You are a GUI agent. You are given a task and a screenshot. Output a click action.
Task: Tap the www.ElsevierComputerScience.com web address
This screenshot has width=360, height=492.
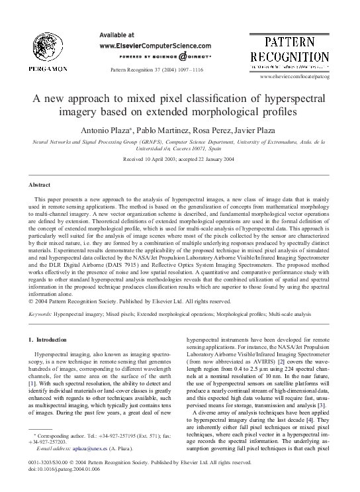pyautogui.click(x=155, y=46)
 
